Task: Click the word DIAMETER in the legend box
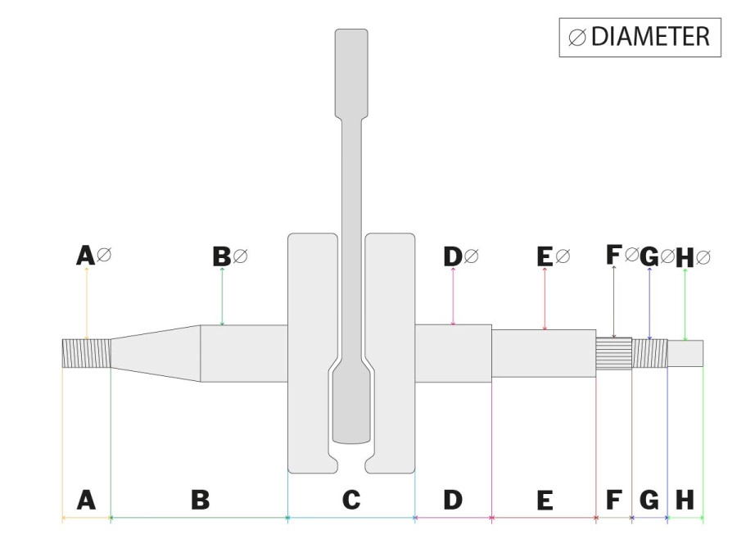tap(650, 37)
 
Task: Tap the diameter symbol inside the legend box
tap(577, 38)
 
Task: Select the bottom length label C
tap(351, 500)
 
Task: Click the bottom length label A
tap(86, 500)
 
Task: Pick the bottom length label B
tap(201, 500)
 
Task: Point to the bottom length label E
tap(545, 500)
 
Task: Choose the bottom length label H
tap(685, 500)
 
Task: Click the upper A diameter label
tap(94, 256)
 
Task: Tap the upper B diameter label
tap(230, 256)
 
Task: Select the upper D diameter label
tap(460, 256)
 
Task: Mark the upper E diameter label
tap(554, 256)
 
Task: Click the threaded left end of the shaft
tap(87, 353)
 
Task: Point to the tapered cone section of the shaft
tap(156, 353)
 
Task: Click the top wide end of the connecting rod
tap(351, 74)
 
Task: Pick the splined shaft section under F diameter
tap(614, 354)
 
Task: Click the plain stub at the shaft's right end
tap(685, 353)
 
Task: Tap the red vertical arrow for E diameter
tap(545, 298)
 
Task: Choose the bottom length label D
tap(453, 500)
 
